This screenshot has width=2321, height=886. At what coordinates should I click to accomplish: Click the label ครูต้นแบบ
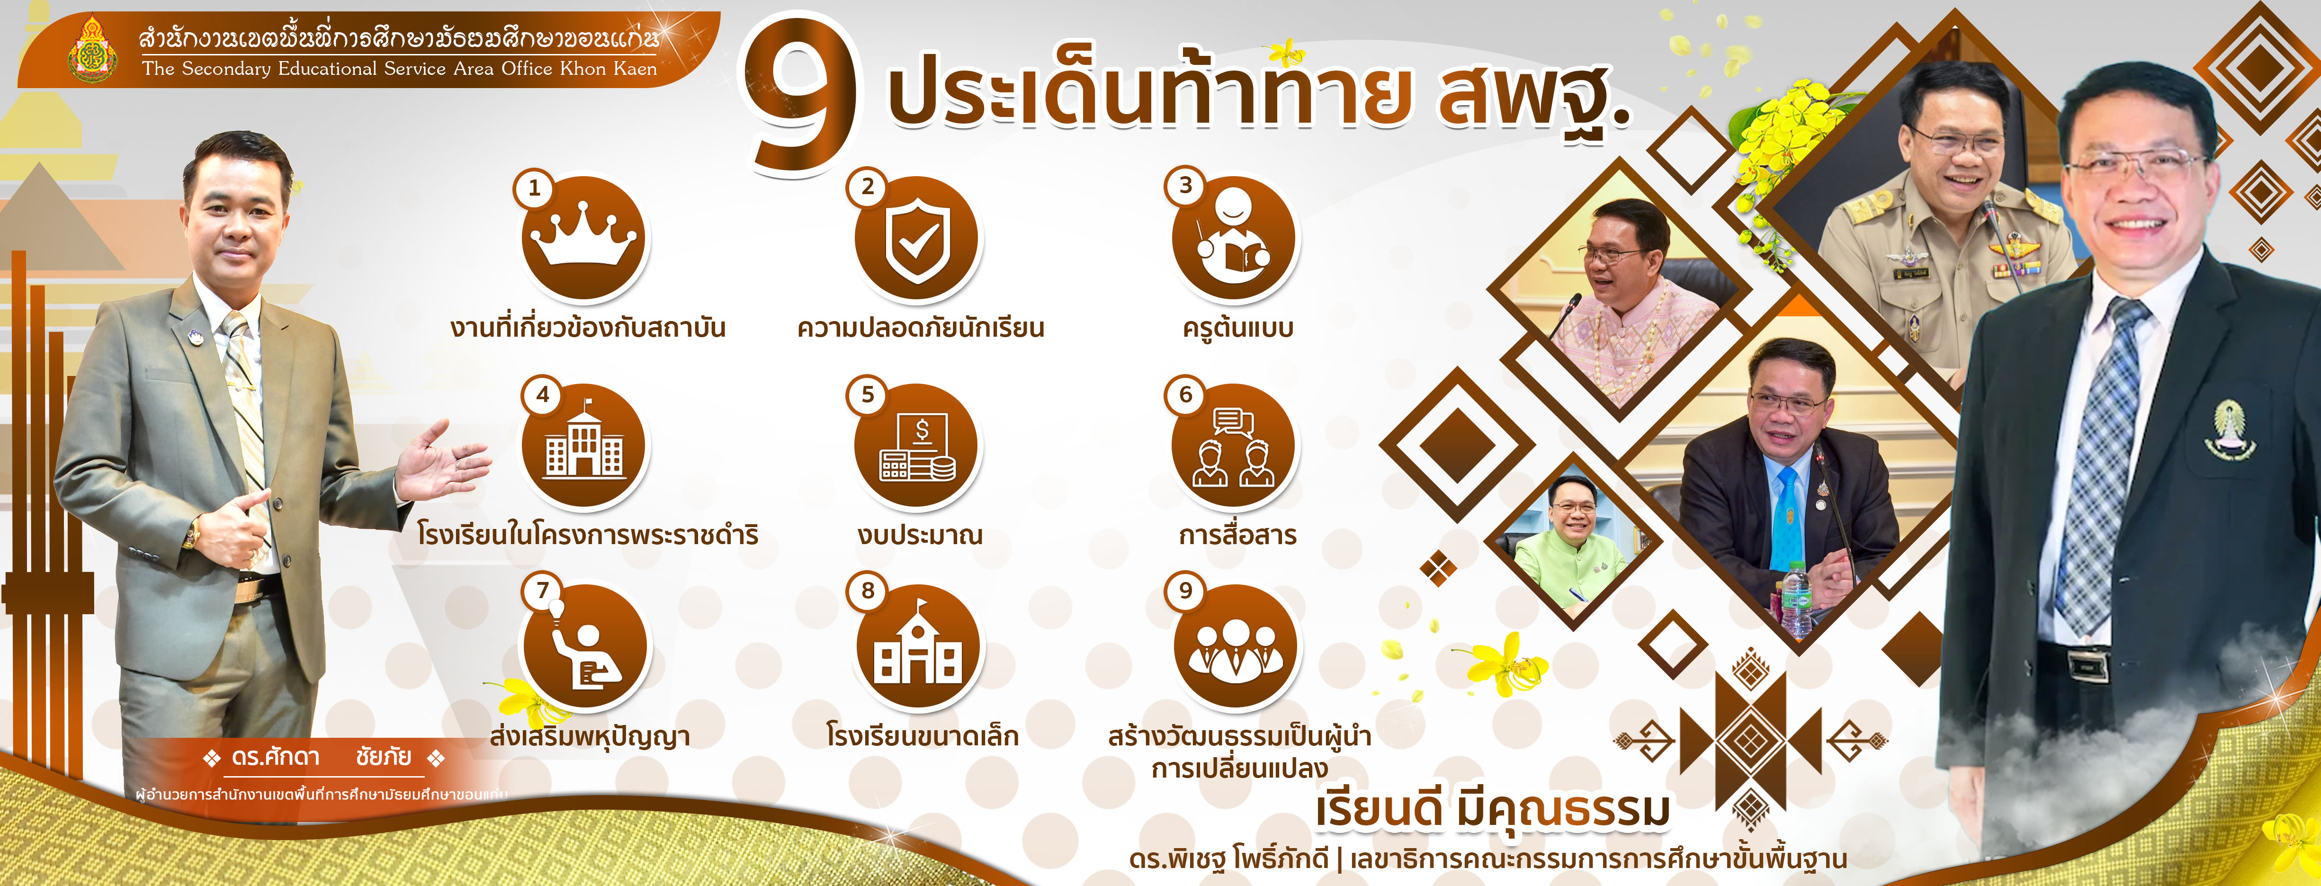pos(1238,328)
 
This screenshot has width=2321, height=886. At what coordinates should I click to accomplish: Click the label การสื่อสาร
pos(1237,535)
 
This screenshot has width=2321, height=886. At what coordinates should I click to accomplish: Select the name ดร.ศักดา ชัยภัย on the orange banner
pos(322,757)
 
